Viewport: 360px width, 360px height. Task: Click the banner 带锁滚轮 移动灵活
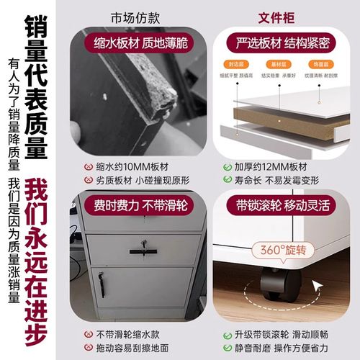click(278, 205)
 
